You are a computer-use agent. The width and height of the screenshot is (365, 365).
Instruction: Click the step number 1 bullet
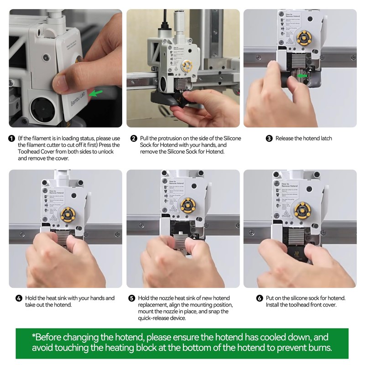[12, 139]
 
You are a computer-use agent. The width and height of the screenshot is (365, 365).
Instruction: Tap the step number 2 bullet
[134, 139]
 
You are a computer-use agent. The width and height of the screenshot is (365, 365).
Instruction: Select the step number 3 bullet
[269, 139]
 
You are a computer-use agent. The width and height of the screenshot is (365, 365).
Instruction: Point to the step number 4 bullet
[19, 298]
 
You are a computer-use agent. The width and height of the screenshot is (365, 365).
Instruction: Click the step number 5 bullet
[131, 298]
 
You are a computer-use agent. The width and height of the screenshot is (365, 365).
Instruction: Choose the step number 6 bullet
[260, 298]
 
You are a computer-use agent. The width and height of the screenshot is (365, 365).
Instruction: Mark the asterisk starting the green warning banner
[34, 336]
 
